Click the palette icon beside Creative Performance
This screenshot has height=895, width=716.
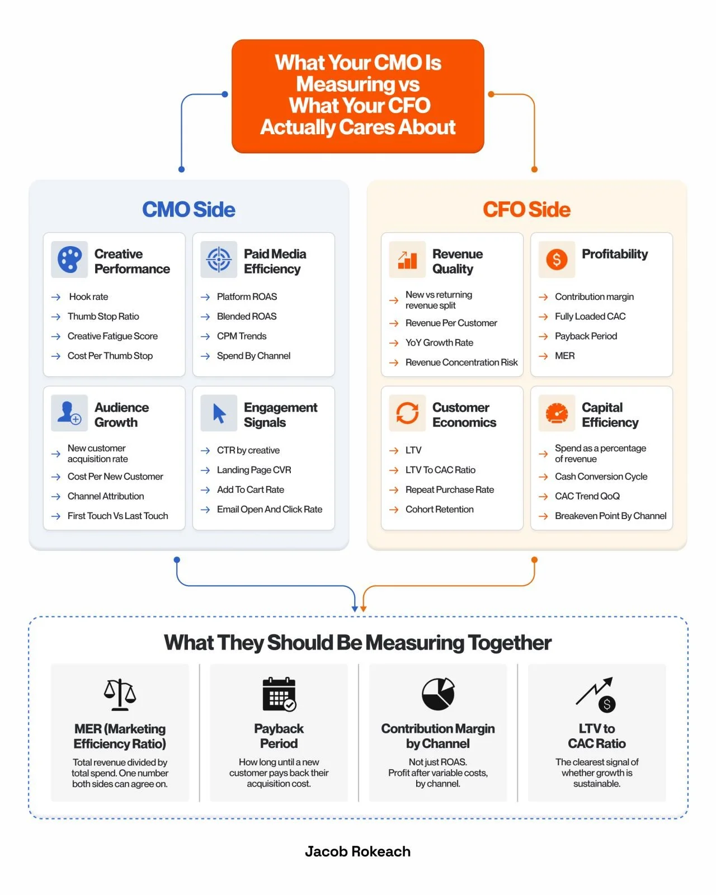pos(69,259)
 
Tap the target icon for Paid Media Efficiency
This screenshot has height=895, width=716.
pos(219,259)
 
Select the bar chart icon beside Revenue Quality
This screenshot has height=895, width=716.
pos(407,260)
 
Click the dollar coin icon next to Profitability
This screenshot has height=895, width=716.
pos(556,259)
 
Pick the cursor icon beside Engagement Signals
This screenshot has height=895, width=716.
pos(219,413)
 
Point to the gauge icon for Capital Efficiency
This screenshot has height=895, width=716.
pos(556,413)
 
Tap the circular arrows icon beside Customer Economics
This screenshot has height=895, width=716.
pos(407,413)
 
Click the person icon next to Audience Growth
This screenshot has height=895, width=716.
pos(69,413)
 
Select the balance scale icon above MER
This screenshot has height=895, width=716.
pos(120,694)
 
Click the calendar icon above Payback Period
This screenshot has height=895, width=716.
pos(279,694)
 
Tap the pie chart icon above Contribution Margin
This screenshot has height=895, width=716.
pos(438,694)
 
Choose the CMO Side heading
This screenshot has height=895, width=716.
pos(189,209)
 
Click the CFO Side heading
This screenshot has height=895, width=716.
pos(526,209)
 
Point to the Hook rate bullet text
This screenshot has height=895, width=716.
pos(88,296)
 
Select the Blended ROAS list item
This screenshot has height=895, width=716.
pos(246,316)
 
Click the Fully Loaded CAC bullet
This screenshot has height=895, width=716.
pos(590,316)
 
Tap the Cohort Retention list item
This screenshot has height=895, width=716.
pos(439,509)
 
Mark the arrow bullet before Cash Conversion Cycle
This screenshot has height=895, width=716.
pos(543,477)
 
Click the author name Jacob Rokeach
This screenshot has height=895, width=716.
pos(357,851)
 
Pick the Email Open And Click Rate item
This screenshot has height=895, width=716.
pos(269,509)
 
